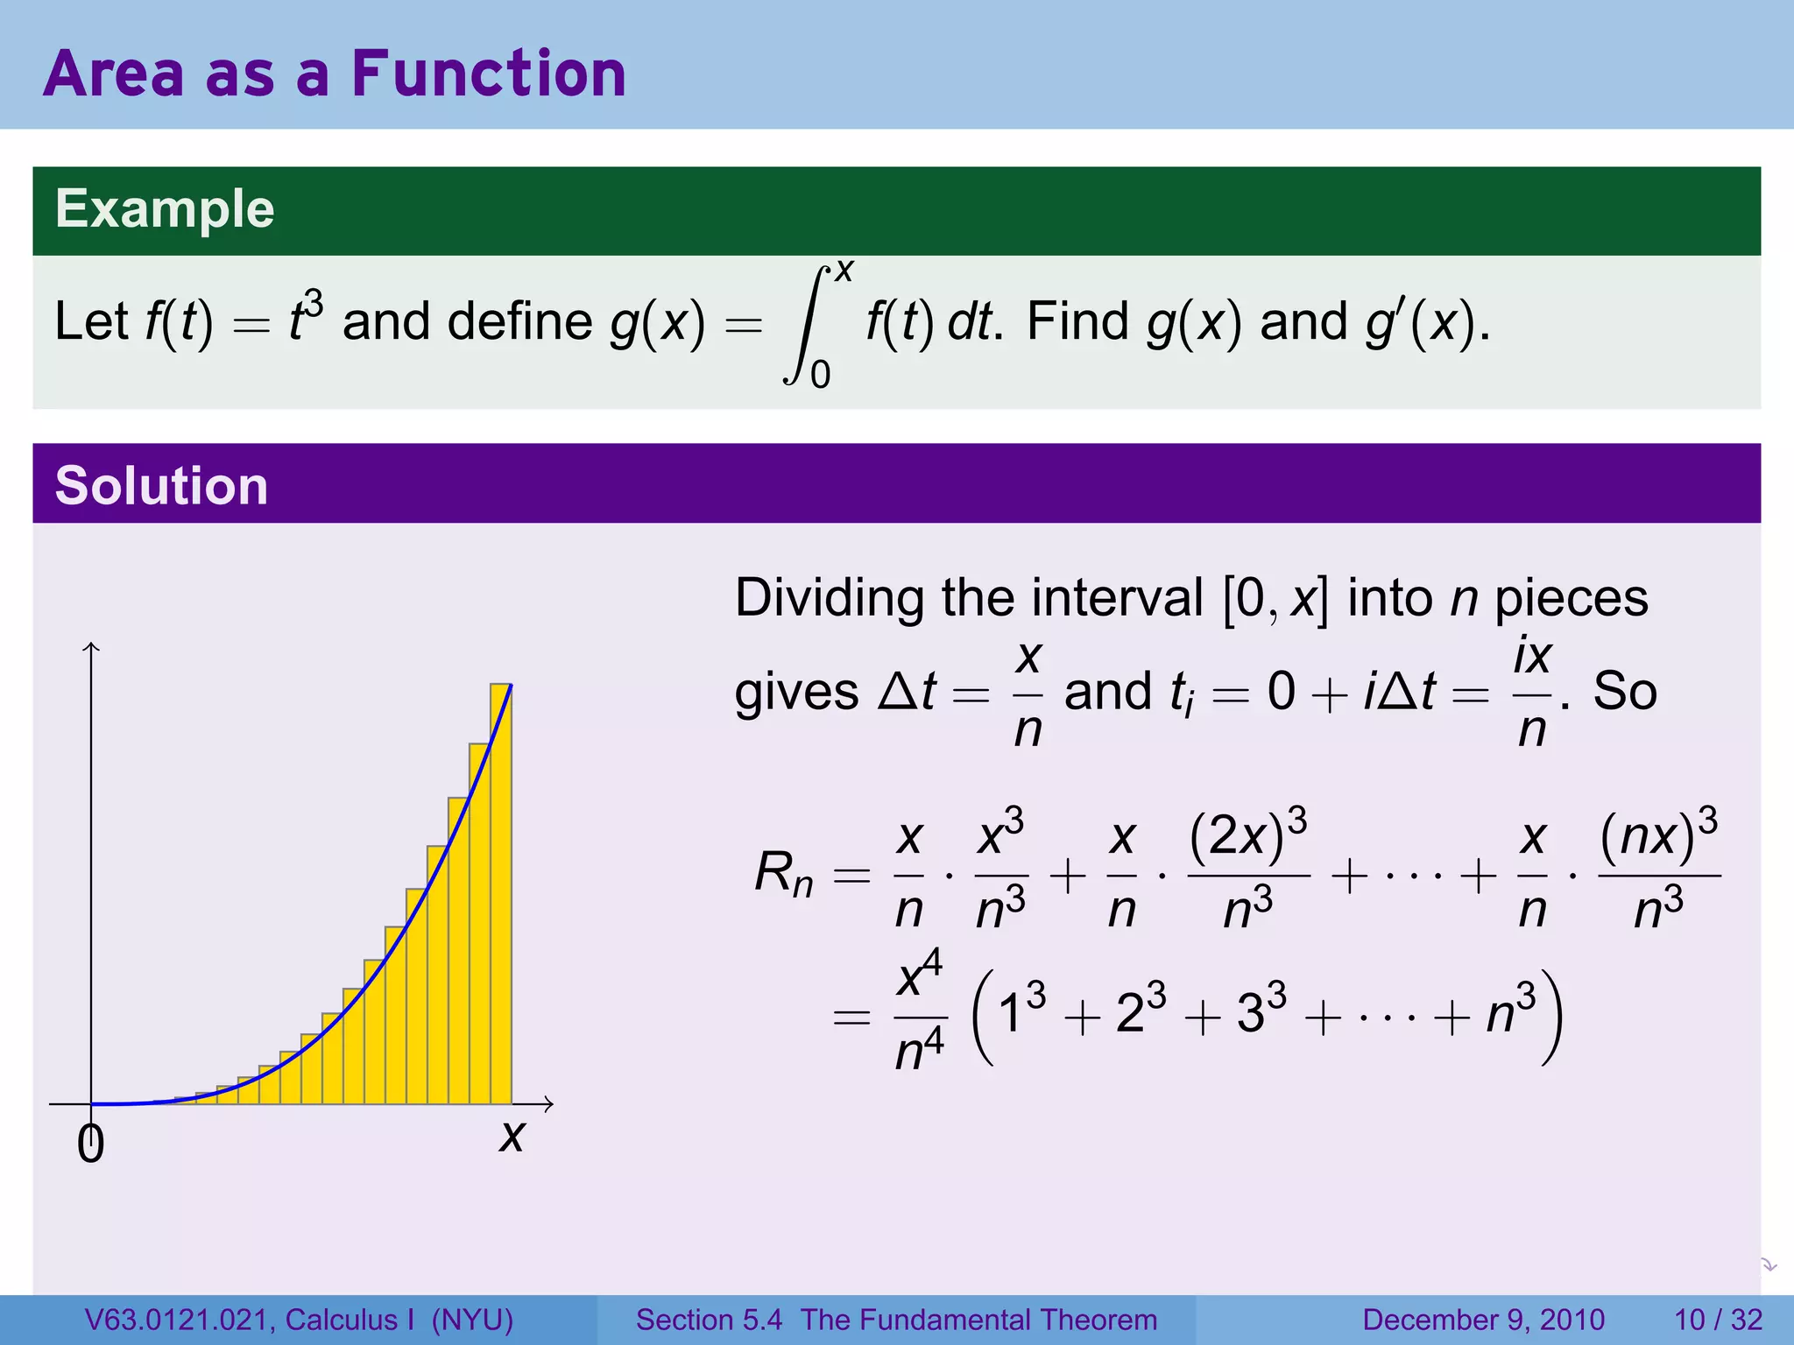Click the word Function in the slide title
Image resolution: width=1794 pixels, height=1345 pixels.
(489, 74)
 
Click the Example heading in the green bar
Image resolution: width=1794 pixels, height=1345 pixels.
(165, 209)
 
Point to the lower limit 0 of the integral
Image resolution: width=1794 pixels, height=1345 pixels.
(820, 376)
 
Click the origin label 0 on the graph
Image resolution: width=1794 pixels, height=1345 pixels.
(90, 1144)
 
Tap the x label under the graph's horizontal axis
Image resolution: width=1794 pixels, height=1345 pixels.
(512, 1137)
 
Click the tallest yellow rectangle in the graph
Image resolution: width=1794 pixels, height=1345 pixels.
(501, 893)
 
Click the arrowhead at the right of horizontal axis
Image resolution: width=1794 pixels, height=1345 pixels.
(549, 1104)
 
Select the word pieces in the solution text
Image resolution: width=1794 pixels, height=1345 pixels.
(1571, 599)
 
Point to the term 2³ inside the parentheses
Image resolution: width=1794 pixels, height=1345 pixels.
(1140, 1014)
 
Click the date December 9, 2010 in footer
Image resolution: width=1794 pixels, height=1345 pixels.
(1483, 1320)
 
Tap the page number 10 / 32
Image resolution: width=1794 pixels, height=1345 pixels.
(1718, 1320)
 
